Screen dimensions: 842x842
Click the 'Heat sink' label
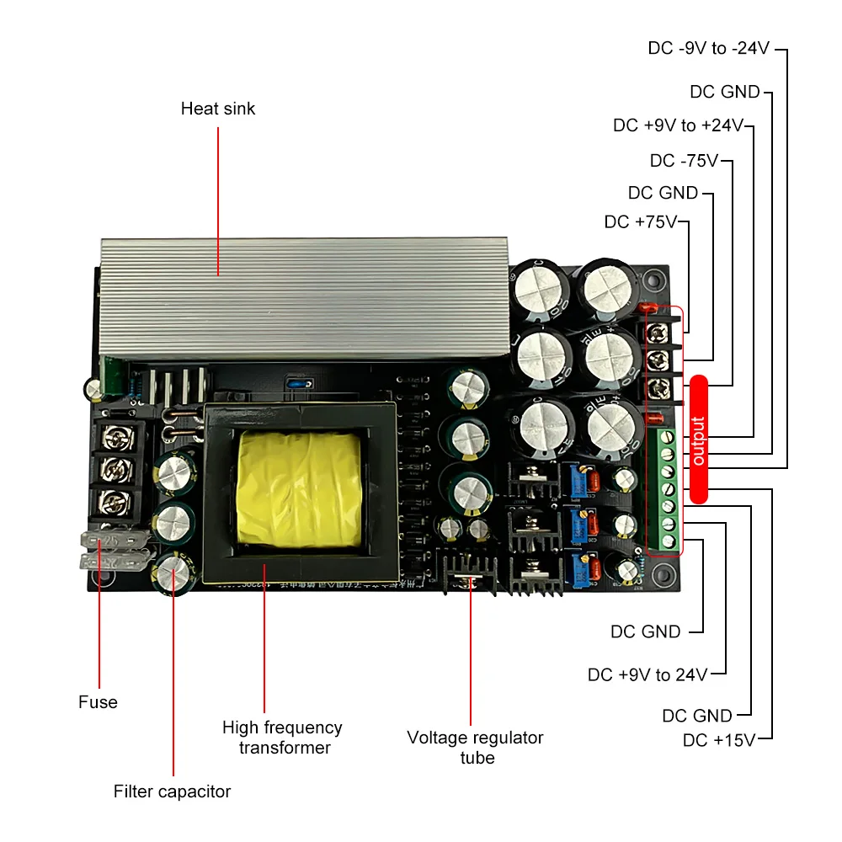[x=217, y=109]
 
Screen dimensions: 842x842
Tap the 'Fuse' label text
[x=98, y=702]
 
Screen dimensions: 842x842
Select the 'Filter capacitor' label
[x=172, y=791]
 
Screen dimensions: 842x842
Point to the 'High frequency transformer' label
[x=282, y=737]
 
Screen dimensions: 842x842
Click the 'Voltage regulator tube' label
[x=475, y=747]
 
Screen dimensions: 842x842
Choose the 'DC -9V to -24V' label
[x=708, y=48]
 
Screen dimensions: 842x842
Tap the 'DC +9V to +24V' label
[x=679, y=125]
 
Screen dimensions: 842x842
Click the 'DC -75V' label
[x=684, y=160]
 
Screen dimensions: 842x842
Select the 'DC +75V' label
[x=641, y=222]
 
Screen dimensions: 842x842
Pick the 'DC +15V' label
[x=718, y=740]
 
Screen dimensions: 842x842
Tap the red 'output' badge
[x=699, y=437]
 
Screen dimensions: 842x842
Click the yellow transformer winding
[x=299, y=488]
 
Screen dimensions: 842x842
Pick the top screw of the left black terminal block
[x=111, y=437]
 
